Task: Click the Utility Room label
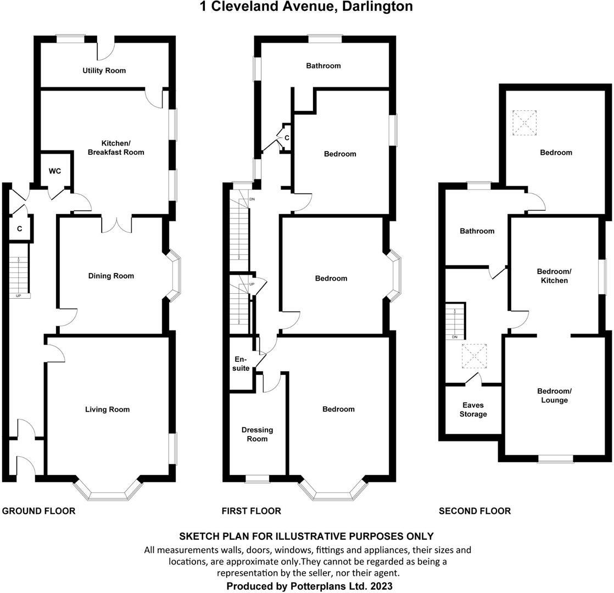(x=104, y=70)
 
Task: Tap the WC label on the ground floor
(x=55, y=171)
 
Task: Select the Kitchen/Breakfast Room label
(x=116, y=147)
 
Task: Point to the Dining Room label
(x=111, y=276)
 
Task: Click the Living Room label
(x=107, y=409)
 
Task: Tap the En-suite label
(x=242, y=363)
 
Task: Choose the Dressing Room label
(x=257, y=434)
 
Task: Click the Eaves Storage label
(x=473, y=410)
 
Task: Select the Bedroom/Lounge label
(x=554, y=395)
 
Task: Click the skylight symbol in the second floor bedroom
(x=524, y=122)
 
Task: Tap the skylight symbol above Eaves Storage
(x=474, y=356)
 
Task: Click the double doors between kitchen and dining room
(x=117, y=225)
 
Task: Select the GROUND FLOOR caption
(x=38, y=511)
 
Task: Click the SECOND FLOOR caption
(x=475, y=511)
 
